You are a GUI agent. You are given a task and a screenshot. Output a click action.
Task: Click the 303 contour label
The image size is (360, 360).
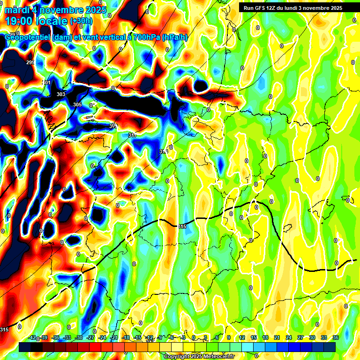pyautogui.click(x=61, y=94)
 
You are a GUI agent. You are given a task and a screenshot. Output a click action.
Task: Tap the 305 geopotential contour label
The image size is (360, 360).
pyautogui.click(x=77, y=105)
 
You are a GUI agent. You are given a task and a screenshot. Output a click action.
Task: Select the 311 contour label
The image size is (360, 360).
pyautogui.click(x=132, y=135)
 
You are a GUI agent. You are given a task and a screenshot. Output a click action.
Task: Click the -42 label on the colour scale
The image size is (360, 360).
pyautogui.click(x=32, y=337)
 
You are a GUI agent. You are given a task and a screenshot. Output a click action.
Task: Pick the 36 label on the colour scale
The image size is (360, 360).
pyautogui.click(x=336, y=337)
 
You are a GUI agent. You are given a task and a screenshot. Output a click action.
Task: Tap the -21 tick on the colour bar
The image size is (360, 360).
pyautogui.click(x=114, y=337)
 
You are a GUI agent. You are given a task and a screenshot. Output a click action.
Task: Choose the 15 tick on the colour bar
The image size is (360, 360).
pyautogui.click(x=254, y=337)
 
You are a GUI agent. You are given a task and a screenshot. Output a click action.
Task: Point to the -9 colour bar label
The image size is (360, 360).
pyautogui.click(x=160, y=337)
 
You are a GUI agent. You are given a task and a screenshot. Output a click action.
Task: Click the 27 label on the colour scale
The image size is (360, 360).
pyautogui.click(x=300, y=337)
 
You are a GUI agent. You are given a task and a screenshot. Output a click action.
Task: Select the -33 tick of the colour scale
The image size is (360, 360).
pyautogui.click(x=67, y=337)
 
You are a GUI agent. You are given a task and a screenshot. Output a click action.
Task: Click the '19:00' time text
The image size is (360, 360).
pyautogui.click(x=19, y=21)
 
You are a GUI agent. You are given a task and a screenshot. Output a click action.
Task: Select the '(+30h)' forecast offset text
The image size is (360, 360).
pyautogui.click(x=81, y=21)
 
